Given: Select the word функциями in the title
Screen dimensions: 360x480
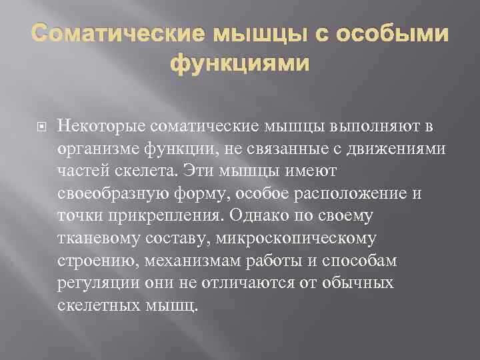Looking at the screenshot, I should coord(240,63).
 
